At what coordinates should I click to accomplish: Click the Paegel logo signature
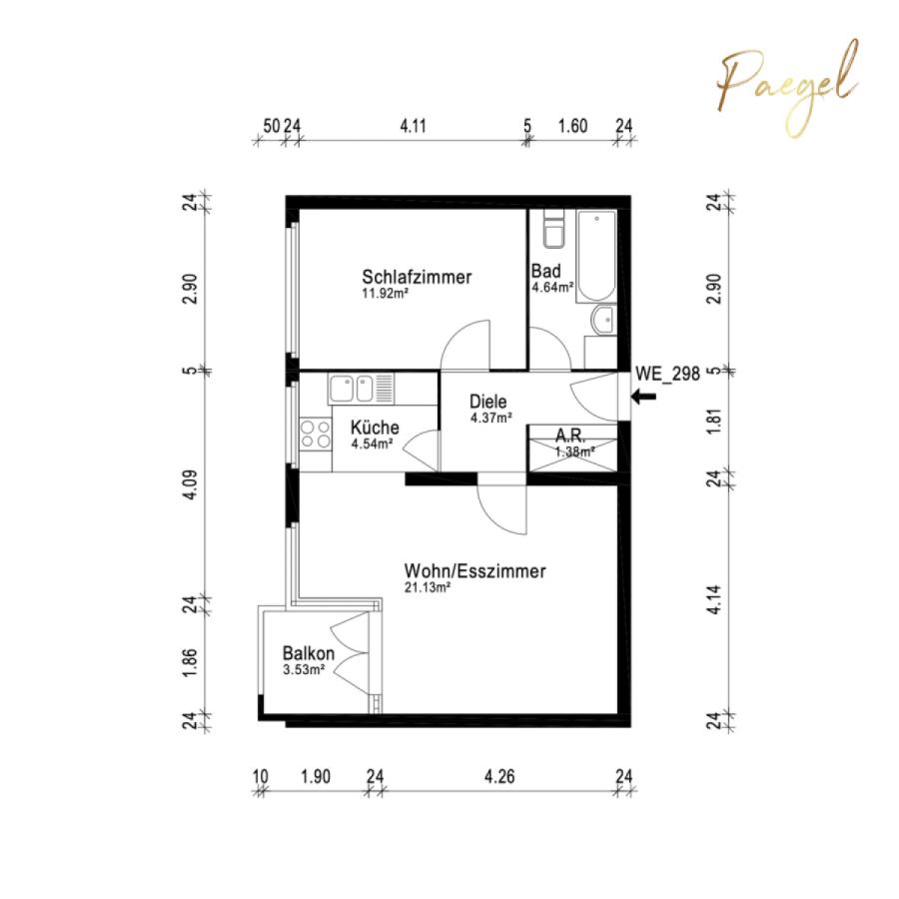[788, 89]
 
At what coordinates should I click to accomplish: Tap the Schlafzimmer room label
[417, 277]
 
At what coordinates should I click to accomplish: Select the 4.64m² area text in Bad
[552, 288]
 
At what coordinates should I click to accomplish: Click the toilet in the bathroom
[554, 230]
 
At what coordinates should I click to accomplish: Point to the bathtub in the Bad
[596, 257]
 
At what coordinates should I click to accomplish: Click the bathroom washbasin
[602, 320]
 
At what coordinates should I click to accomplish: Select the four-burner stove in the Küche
[316, 435]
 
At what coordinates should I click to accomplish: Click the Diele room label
[487, 402]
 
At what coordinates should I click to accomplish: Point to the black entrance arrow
[644, 397]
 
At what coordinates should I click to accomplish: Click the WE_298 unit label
[668, 374]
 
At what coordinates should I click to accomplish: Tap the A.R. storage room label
[570, 436]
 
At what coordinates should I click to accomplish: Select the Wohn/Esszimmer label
[474, 571]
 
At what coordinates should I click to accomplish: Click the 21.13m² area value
[428, 587]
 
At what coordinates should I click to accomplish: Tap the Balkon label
[309, 653]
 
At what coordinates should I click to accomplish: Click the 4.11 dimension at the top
[413, 126]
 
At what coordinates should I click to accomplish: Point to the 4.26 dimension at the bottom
[499, 777]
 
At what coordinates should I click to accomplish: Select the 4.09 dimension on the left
[191, 485]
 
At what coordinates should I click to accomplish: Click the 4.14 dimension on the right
[714, 599]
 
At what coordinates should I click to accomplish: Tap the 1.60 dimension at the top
[573, 126]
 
